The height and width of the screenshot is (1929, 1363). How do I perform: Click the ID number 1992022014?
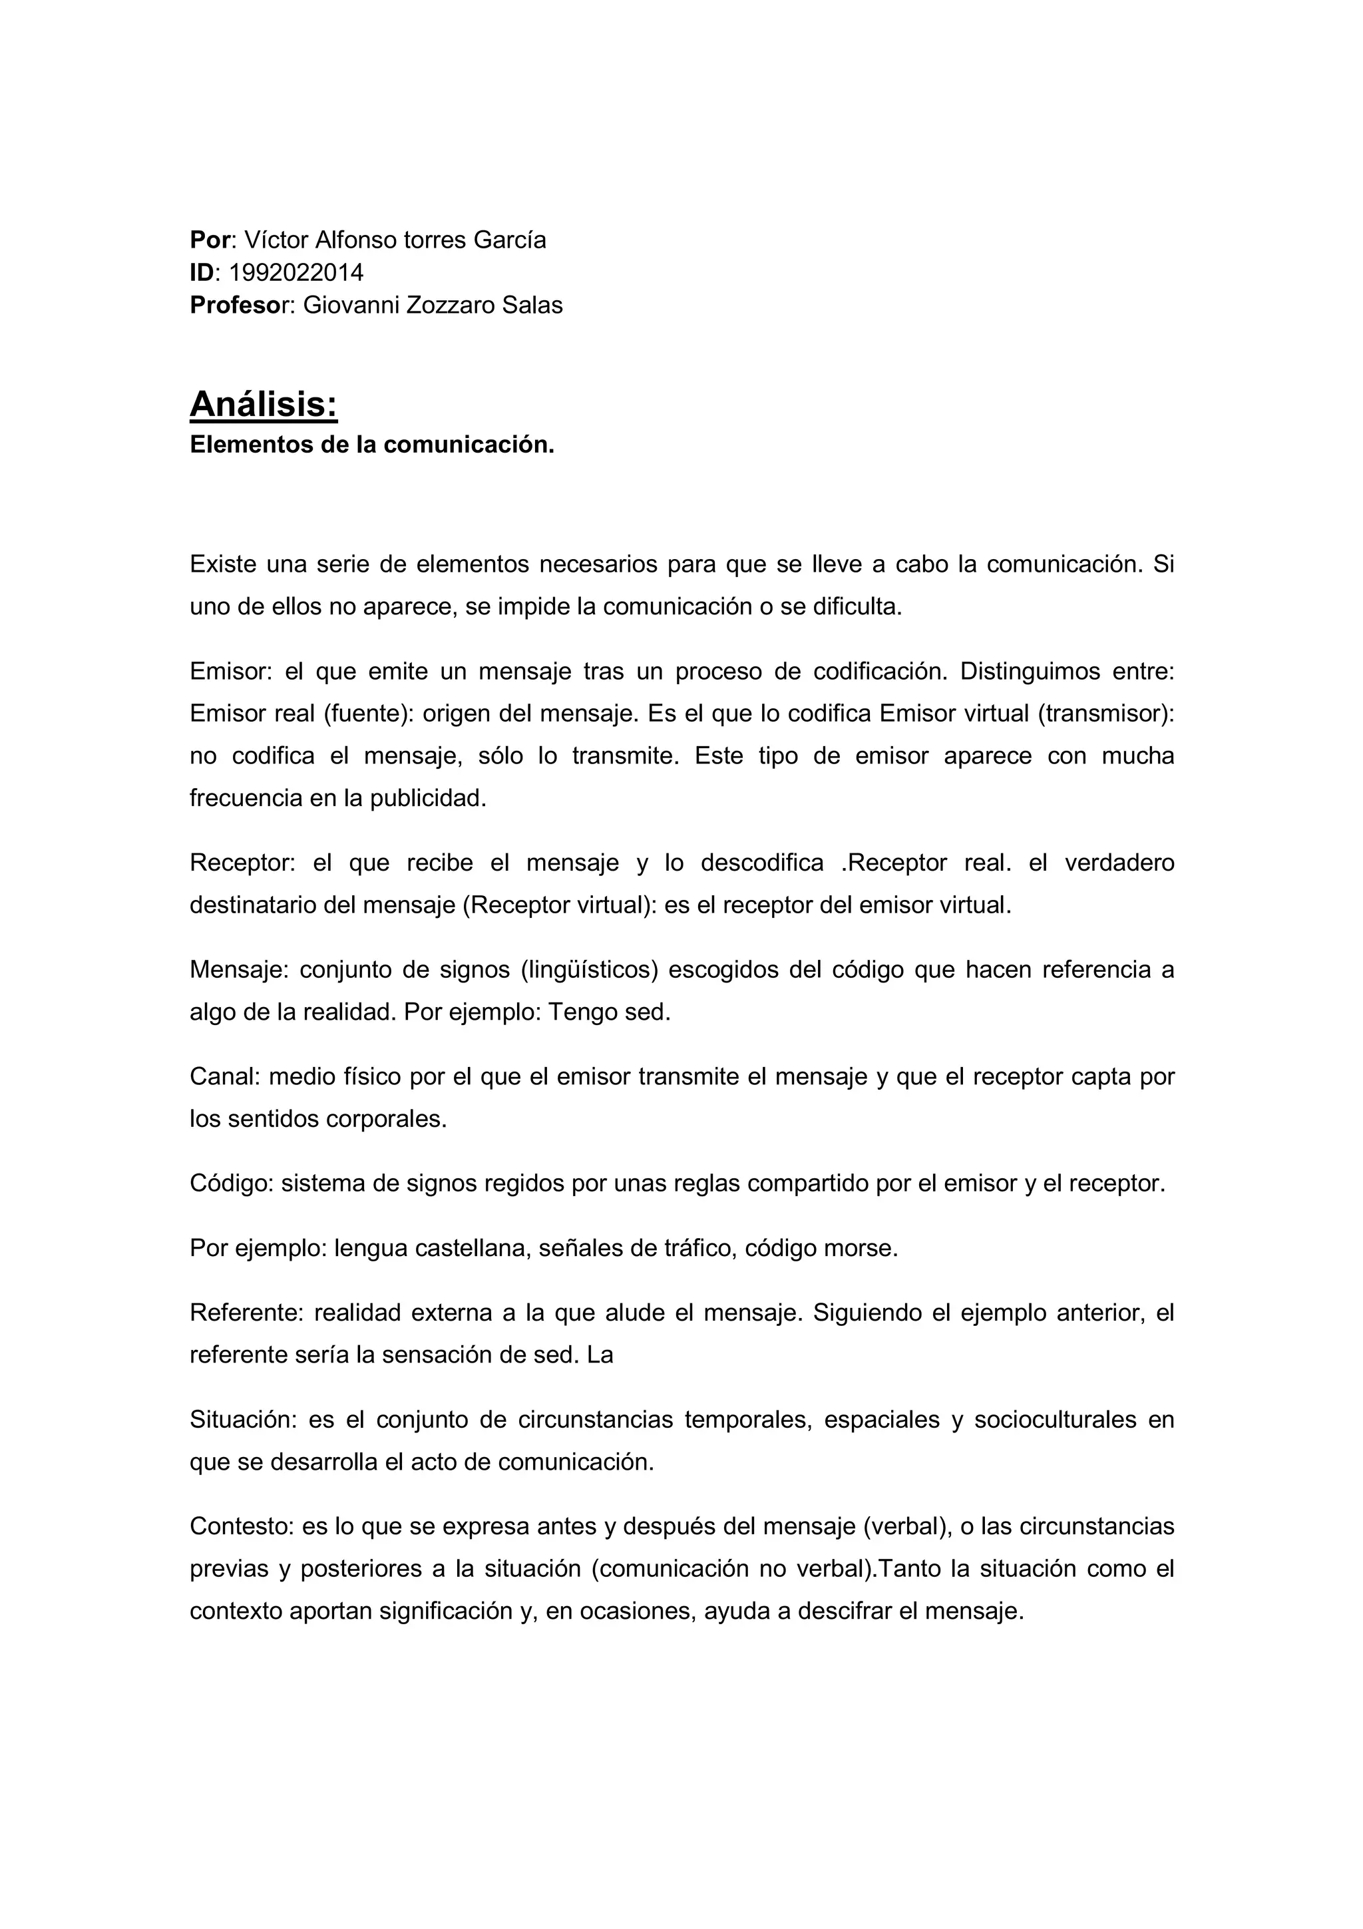(295, 272)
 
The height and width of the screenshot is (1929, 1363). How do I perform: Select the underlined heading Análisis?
(263, 404)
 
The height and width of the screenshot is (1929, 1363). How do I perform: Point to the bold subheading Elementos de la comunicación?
(372, 445)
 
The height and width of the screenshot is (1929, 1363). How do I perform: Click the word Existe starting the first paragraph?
(222, 564)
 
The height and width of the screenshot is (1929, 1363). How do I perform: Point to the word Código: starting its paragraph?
(231, 1183)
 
